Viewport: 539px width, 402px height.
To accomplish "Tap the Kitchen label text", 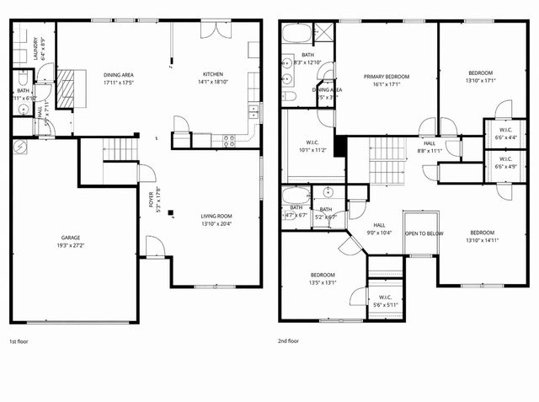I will [x=212, y=75].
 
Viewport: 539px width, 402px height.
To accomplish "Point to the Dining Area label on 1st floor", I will [x=117, y=75].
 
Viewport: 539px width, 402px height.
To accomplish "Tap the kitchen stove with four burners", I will [x=227, y=141].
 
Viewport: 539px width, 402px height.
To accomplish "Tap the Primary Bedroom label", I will [x=386, y=77].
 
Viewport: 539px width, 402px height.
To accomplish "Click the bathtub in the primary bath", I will [x=296, y=35].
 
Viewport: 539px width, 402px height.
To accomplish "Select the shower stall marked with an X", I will [x=323, y=33].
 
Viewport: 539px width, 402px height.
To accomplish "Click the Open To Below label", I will [x=424, y=233].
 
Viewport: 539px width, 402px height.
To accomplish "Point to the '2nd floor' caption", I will [x=289, y=341].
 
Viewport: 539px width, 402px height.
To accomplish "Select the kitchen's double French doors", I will [x=217, y=28].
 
